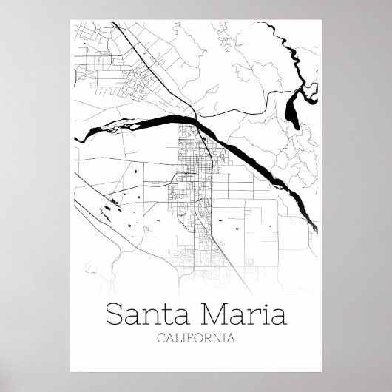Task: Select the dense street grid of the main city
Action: pyautogui.click(x=193, y=174)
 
